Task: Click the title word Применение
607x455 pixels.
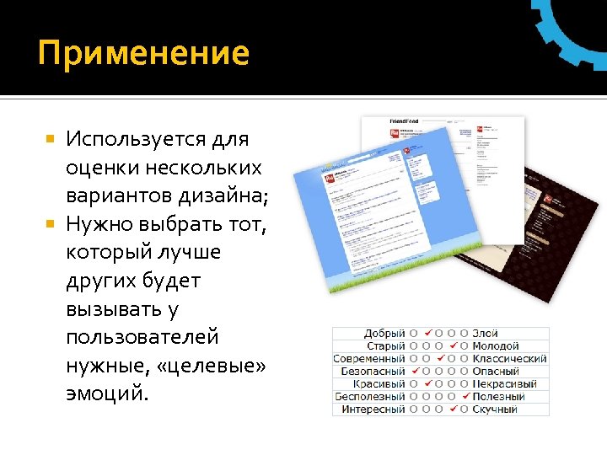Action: click(144, 53)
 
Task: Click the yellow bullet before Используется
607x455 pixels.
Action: click(51, 136)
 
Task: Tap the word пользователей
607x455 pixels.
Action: click(142, 337)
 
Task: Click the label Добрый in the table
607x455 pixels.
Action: click(384, 334)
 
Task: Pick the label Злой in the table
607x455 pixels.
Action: click(485, 334)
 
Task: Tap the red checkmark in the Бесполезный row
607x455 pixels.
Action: click(465, 396)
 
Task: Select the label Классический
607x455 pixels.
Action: click(509, 358)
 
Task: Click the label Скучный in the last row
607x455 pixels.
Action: click(495, 409)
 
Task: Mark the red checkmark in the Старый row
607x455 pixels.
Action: click(453, 345)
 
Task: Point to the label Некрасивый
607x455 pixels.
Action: click(506, 383)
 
